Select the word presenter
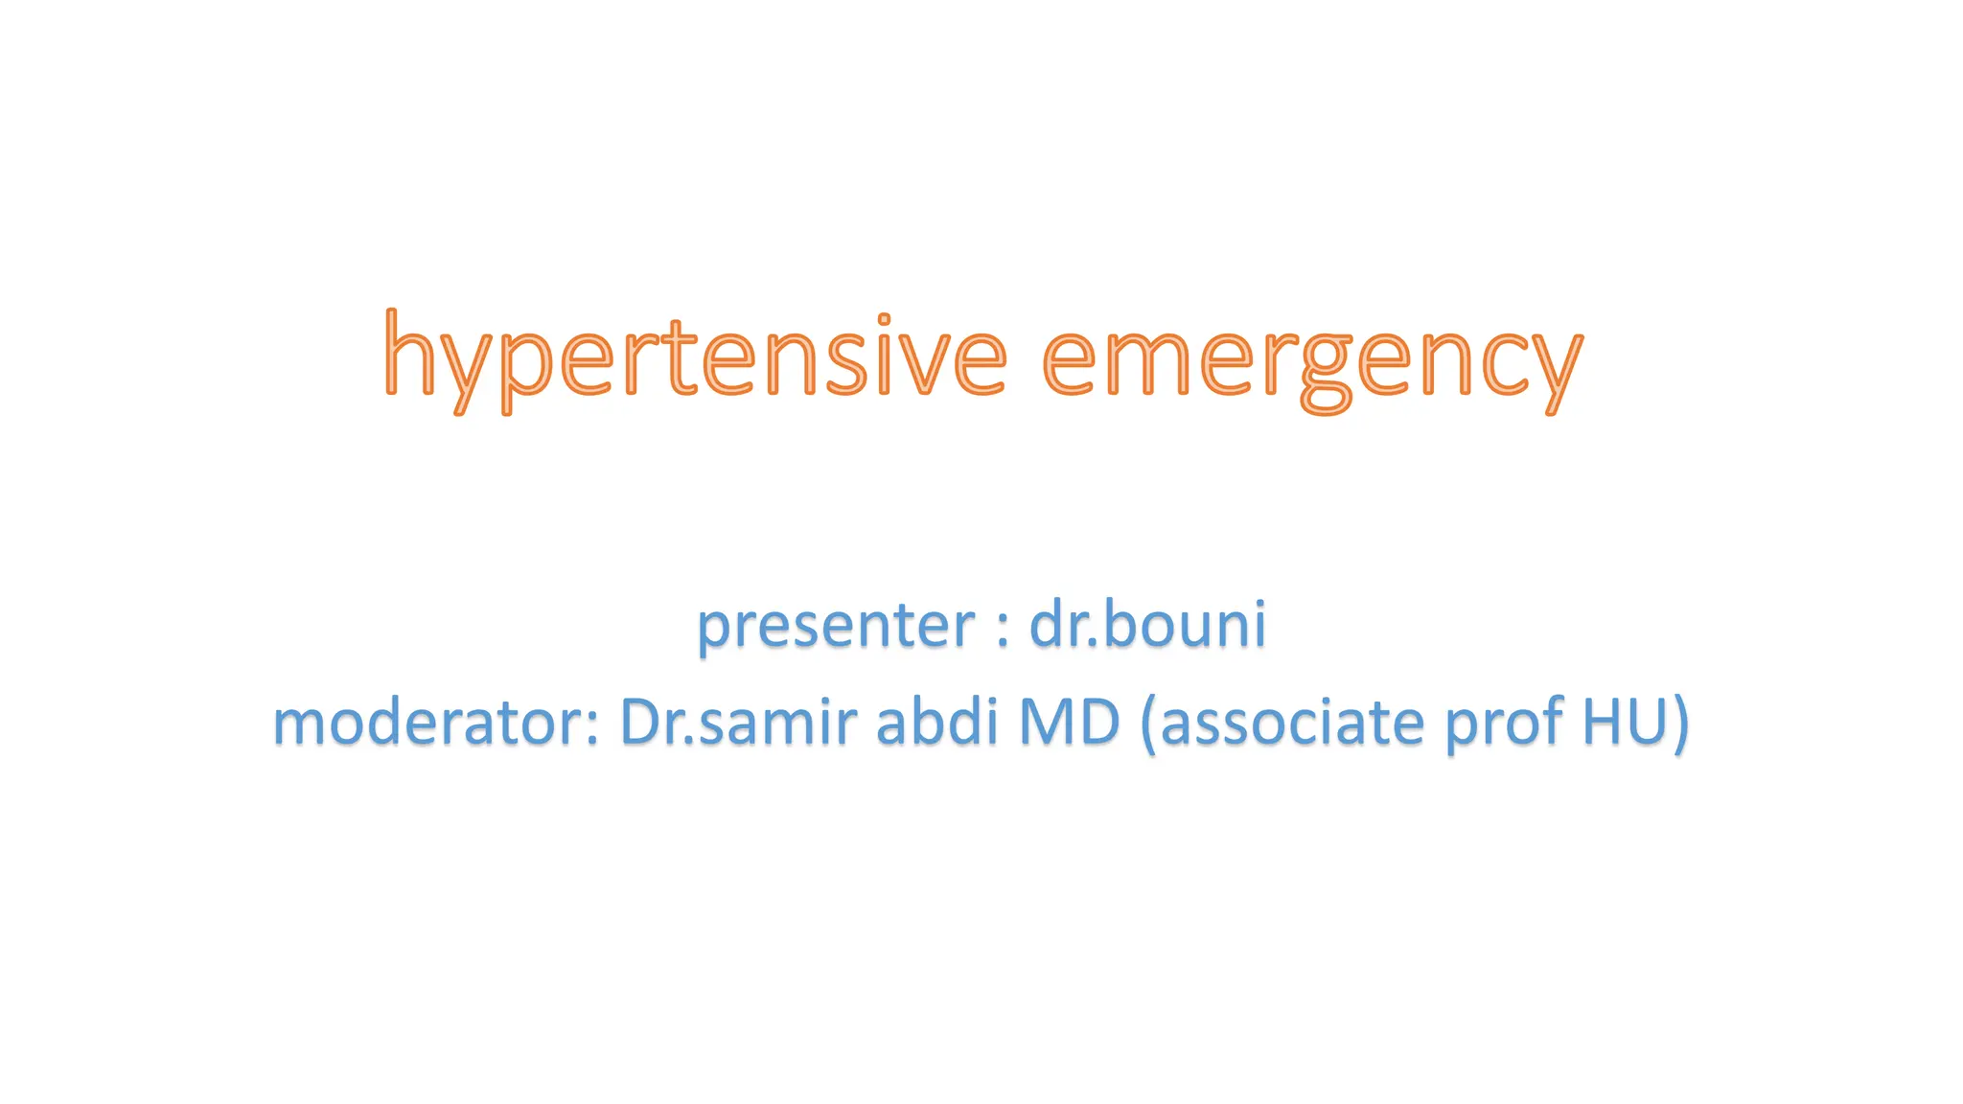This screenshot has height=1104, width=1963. pyautogui.click(x=835, y=626)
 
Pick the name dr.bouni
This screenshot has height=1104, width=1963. pyautogui.click(x=1147, y=624)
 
